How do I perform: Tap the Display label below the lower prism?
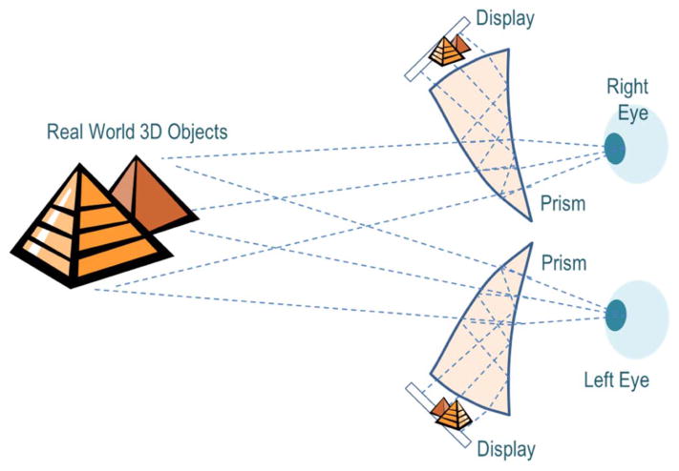coord(506,448)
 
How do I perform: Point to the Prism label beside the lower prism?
coord(562,261)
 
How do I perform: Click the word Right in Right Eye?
coord(627,88)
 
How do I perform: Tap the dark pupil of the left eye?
coord(616,313)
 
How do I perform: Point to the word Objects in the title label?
coord(195,132)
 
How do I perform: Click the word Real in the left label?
coord(66,132)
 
